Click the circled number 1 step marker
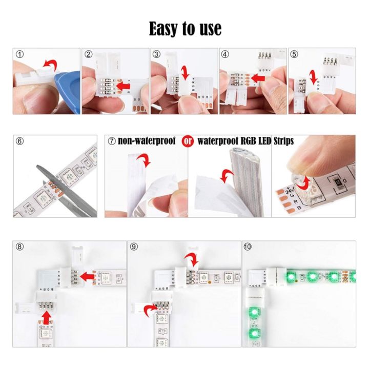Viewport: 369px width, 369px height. tap(19, 54)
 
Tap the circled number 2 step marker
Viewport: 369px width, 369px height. tap(88, 54)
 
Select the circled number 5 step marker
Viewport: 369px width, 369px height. tap(294, 54)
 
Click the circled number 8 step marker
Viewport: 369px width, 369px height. tap(19, 247)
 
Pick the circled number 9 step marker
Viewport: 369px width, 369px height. tap(134, 247)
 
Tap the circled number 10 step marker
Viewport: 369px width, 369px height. tap(248, 247)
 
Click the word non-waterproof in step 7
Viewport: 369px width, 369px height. tap(147, 140)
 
